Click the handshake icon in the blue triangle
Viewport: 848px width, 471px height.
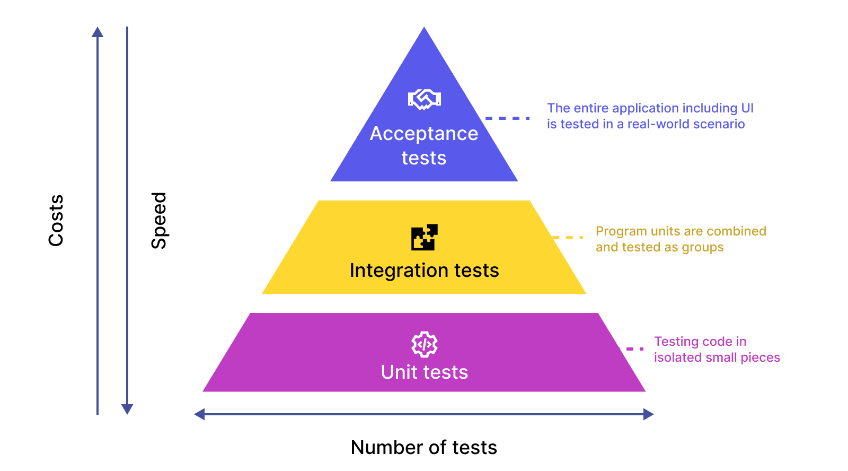424,99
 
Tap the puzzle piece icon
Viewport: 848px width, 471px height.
425,237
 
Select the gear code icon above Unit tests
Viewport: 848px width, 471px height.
425,344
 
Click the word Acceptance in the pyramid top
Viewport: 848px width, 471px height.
424,134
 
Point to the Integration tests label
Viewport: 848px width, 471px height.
424,271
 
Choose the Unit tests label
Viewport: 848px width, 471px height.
425,372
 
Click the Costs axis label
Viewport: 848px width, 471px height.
56,220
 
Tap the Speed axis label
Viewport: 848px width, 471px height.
159,220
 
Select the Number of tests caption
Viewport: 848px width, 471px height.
424,448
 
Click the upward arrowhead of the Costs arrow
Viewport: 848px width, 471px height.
98,32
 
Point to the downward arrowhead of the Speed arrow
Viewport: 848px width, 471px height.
127,409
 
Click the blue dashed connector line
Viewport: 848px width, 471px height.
507,118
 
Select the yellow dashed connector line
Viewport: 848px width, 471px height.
568,238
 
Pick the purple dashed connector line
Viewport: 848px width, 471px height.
631,349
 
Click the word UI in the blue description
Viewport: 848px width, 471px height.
747,108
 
